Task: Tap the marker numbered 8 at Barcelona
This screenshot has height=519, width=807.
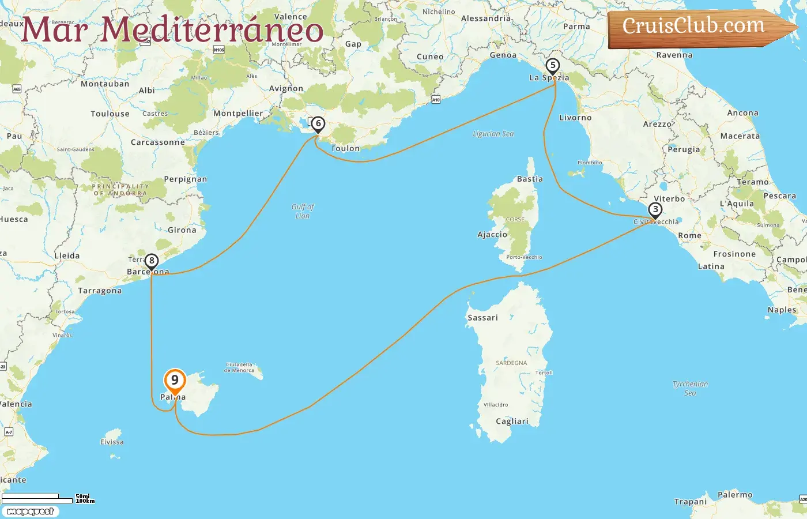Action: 151,261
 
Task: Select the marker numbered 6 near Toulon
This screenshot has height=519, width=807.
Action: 318,124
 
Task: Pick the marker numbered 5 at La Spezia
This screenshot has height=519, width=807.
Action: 552,66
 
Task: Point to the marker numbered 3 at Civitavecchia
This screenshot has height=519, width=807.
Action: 655,210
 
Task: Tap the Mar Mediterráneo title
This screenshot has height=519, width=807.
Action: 172,30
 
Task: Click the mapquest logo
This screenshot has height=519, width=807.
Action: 30,512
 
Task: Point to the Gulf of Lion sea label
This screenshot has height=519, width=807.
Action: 303,211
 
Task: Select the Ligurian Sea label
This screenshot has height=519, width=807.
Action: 493,134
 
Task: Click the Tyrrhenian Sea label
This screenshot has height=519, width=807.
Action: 690,388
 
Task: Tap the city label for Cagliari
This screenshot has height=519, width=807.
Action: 512,422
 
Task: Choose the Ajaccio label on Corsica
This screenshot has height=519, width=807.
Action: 492,235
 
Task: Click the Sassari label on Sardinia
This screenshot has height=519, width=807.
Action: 482,318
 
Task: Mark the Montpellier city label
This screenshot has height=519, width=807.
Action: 237,114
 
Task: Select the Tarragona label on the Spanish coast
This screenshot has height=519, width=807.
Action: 100,291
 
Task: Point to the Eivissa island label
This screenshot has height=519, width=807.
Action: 112,442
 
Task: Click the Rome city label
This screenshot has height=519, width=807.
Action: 689,236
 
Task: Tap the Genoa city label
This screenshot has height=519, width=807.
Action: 503,55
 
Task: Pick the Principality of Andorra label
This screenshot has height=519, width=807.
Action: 120,190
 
